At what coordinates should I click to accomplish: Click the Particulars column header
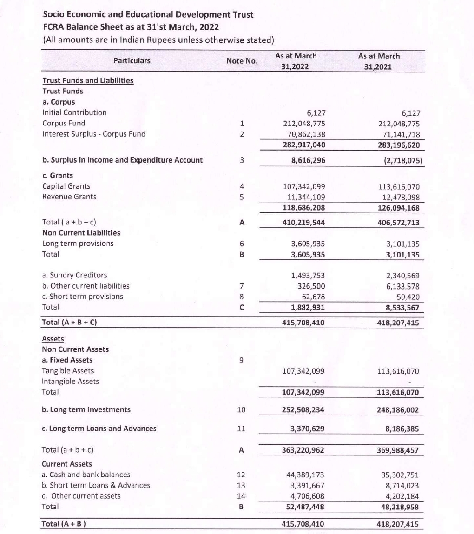click(132, 60)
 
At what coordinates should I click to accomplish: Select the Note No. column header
click(242, 61)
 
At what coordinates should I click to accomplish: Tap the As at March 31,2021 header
click(379, 61)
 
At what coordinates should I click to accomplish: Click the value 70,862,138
click(303, 134)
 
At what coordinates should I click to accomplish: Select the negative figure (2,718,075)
click(399, 160)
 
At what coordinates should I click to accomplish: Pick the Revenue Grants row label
click(69, 197)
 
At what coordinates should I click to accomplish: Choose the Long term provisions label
click(78, 244)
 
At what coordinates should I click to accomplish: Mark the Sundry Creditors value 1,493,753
click(307, 275)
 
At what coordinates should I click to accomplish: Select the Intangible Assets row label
click(70, 381)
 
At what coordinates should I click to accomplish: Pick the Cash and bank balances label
click(86, 475)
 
